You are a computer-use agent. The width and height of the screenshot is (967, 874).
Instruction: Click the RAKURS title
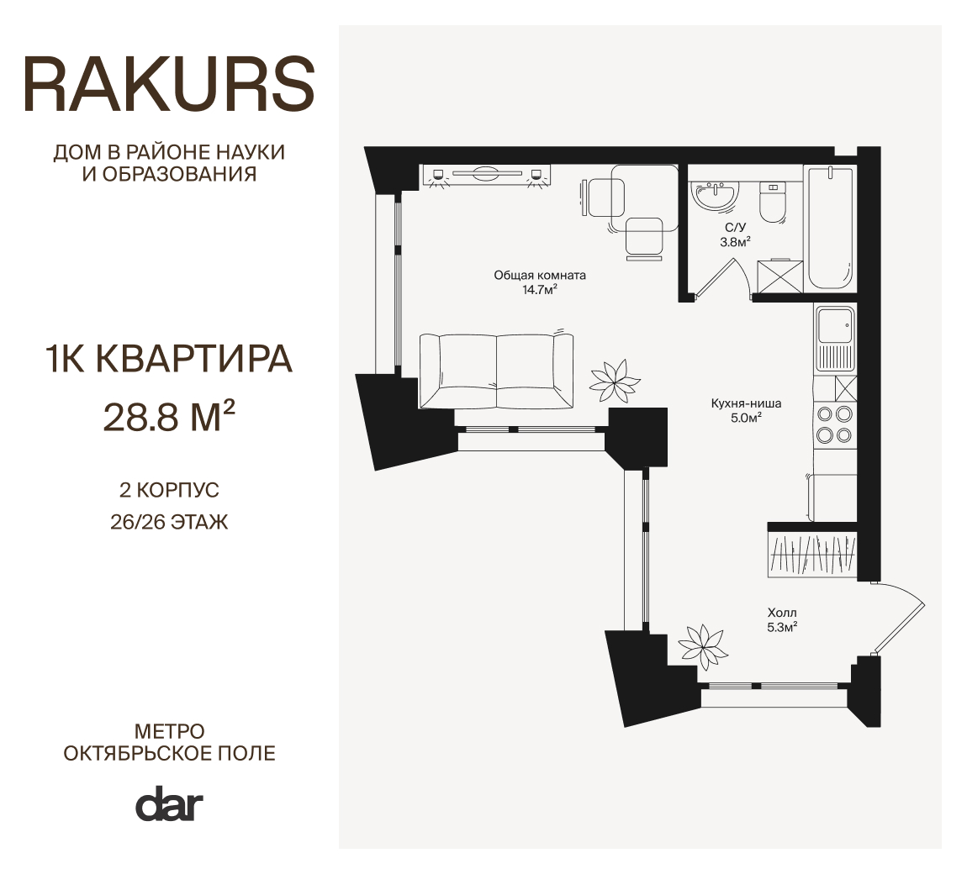pyautogui.click(x=170, y=84)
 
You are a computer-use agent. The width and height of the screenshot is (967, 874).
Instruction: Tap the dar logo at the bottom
pyautogui.click(x=169, y=803)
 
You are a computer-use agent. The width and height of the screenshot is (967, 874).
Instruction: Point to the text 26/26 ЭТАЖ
pyautogui.click(x=169, y=522)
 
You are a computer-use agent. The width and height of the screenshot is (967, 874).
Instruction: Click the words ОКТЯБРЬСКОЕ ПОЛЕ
pyautogui.click(x=170, y=753)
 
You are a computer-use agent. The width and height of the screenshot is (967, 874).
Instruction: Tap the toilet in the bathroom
pyautogui.click(x=772, y=203)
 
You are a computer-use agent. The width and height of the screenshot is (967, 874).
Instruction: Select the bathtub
pyautogui.click(x=830, y=228)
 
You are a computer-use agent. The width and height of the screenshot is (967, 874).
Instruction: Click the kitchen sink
pyautogui.click(x=835, y=339)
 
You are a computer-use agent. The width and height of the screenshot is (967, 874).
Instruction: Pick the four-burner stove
pyautogui.click(x=834, y=424)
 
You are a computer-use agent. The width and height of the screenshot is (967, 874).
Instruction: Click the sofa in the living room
pyautogui.click(x=496, y=371)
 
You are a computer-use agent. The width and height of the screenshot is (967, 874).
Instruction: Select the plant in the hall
pyautogui.click(x=702, y=646)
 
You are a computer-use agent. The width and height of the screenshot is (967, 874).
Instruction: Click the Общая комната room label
pyautogui.click(x=540, y=282)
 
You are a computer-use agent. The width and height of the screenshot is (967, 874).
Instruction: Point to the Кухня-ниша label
pyautogui.click(x=746, y=410)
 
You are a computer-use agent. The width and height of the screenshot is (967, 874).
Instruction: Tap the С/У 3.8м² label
pyautogui.click(x=735, y=234)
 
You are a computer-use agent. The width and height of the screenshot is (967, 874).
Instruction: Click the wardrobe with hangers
pyautogui.click(x=813, y=554)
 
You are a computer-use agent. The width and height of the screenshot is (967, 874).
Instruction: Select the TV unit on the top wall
pyautogui.click(x=486, y=175)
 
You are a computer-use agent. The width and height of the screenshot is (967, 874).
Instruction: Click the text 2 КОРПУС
pyautogui.click(x=169, y=490)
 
